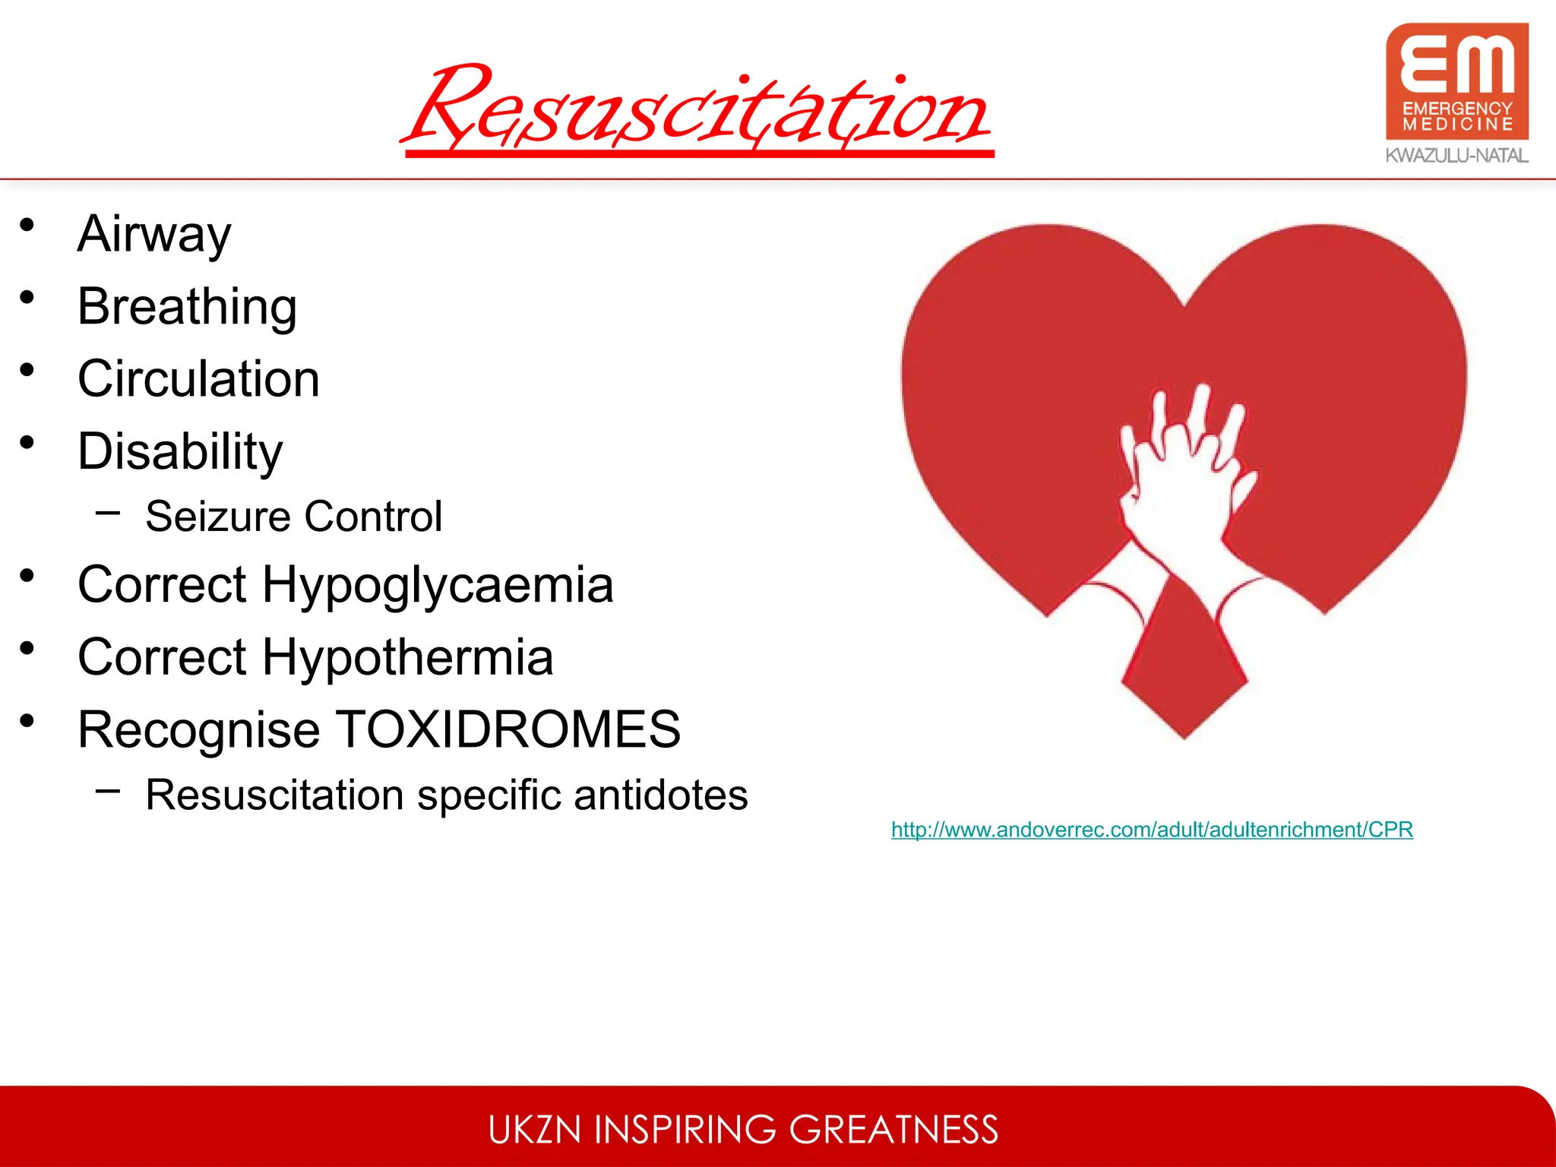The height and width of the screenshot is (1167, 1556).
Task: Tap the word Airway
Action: point(154,234)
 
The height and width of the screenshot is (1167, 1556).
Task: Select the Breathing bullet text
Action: point(187,306)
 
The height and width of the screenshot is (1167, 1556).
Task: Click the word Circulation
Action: point(198,378)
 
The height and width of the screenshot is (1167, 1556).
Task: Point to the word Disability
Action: point(180,451)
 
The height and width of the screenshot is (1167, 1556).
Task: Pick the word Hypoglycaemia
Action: point(437,585)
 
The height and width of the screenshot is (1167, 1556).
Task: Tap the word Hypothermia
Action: point(407,657)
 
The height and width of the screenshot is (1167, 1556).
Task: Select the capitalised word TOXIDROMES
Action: point(508,729)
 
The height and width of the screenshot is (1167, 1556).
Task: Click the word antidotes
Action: point(660,795)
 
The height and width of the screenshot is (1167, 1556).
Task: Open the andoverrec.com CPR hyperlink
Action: point(1152,830)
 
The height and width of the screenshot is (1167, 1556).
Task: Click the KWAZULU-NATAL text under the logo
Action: point(1456,156)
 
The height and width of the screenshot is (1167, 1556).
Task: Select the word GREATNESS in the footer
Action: point(893,1130)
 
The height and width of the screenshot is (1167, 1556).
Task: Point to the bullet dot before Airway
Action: point(27,225)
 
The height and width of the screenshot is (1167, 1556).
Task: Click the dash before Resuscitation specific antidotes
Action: point(108,791)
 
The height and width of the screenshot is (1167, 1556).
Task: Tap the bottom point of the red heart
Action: point(1184,735)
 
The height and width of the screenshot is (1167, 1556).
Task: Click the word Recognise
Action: point(199,729)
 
